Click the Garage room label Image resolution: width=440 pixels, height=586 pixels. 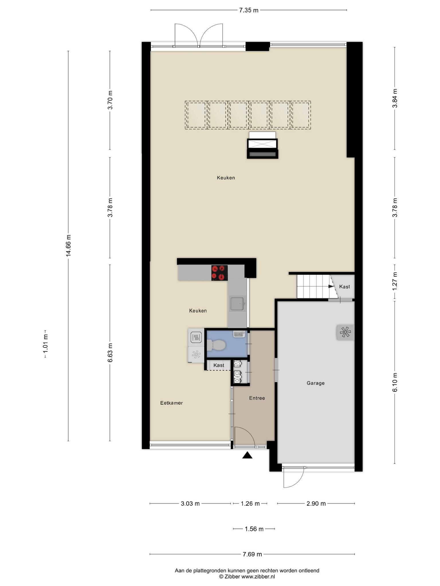(315, 383)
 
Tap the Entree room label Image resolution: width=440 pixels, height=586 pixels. (257, 398)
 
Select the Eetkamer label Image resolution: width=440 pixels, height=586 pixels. (171, 403)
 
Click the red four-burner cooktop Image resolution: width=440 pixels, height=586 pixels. (219, 273)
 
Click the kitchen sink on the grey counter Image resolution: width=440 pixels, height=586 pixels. (237, 304)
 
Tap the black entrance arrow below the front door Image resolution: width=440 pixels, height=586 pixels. (247, 455)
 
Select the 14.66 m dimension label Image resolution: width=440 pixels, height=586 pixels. (68, 246)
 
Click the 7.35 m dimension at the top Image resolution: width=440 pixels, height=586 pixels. (249, 10)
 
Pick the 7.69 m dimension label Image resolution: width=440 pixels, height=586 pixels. (252, 554)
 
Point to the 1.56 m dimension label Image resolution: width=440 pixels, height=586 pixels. (254, 529)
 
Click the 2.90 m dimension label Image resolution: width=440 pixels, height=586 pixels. (316, 504)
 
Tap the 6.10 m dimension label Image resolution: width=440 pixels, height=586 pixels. (395, 382)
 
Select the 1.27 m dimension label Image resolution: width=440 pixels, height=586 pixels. (395, 281)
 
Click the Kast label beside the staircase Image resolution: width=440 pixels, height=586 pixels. (344, 287)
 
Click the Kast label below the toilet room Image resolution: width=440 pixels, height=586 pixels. (219, 365)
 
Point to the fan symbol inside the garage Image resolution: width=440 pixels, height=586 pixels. (345, 332)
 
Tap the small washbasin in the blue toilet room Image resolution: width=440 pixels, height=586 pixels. (239, 334)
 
